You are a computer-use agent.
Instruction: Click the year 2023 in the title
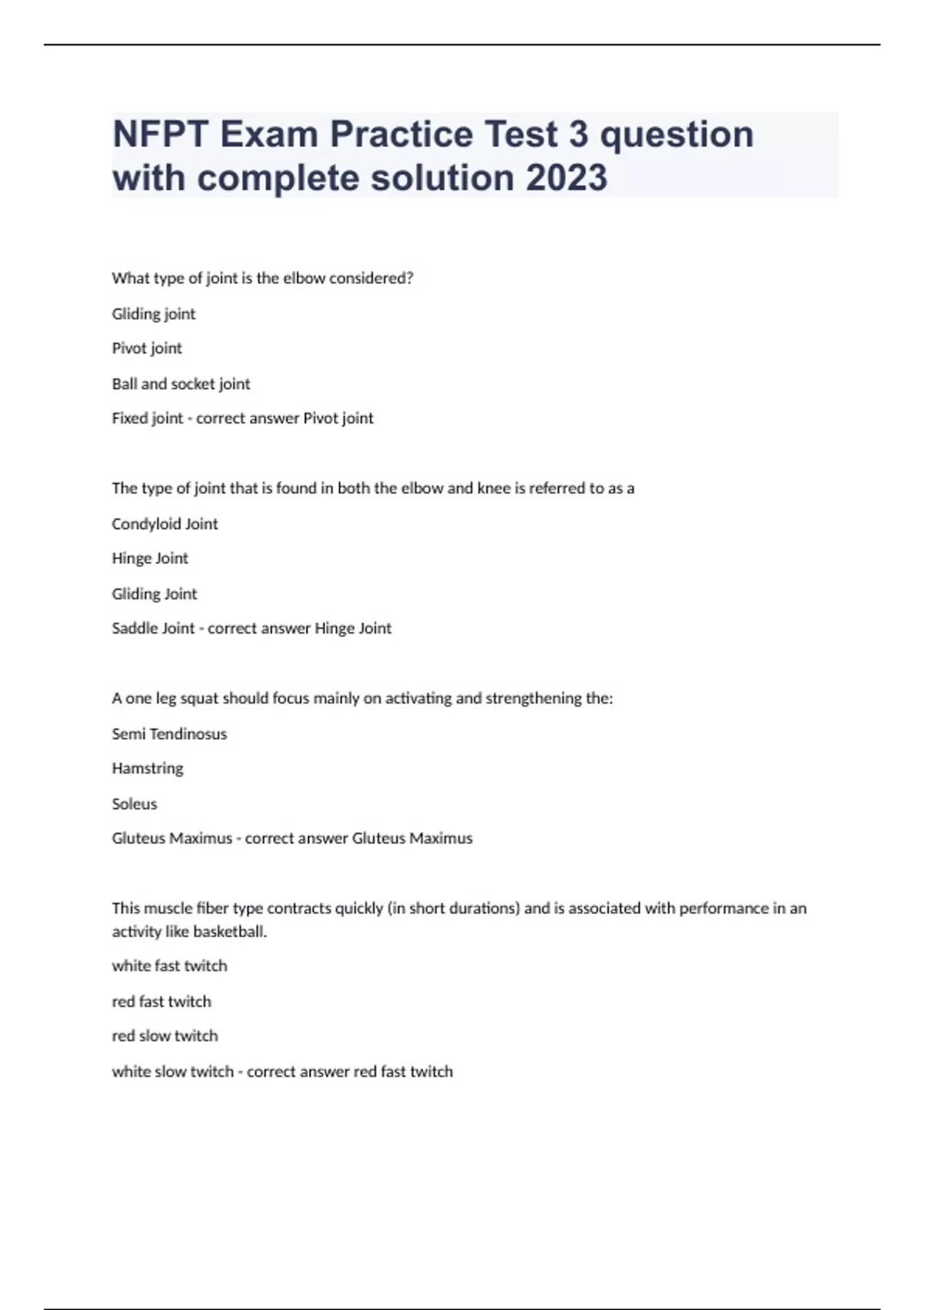coord(567,178)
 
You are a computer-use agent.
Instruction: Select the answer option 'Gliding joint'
coord(153,314)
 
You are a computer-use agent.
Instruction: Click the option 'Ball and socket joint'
coord(181,384)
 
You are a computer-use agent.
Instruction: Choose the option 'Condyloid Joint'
coord(165,524)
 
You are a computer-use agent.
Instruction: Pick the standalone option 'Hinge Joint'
coord(150,559)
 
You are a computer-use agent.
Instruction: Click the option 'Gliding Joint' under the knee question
coord(154,594)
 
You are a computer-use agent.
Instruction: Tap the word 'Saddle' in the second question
coord(133,629)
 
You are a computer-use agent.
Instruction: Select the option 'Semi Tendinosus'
coord(170,734)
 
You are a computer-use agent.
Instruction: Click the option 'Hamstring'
coord(147,768)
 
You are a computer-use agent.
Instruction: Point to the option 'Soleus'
coord(134,804)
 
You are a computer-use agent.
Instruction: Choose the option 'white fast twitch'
coord(170,966)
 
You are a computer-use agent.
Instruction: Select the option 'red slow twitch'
coord(165,1036)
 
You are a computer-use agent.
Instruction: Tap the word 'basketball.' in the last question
coord(230,932)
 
